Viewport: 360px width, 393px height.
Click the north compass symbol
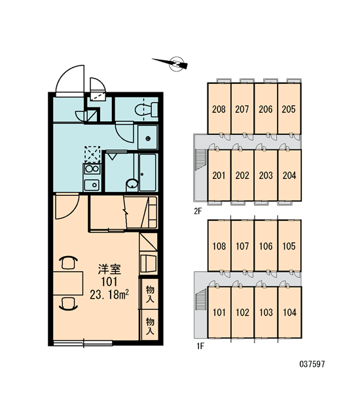(x=173, y=64)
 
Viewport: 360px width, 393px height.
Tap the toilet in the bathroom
(x=147, y=109)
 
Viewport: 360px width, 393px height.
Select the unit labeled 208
(x=219, y=109)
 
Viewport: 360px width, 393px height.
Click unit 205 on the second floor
(x=289, y=109)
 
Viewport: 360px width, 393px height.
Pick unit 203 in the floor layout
(x=266, y=175)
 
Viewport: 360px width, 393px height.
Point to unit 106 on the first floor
(x=266, y=246)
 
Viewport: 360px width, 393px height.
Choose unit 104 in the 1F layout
(x=289, y=312)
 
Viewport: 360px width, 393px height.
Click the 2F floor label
(x=198, y=212)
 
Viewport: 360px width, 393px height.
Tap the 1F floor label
(x=200, y=346)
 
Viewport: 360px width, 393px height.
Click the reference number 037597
(x=312, y=364)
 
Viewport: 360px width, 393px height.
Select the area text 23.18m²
(x=109, y=295)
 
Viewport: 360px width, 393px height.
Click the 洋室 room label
(x=109, y=269)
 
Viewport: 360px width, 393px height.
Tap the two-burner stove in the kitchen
(x=92, y=169)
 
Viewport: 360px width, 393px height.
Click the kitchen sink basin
(x=92, y=185)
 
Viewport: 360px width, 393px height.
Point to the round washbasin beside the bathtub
(x=132, y=183)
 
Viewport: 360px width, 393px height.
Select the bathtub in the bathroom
(x=148, y=172)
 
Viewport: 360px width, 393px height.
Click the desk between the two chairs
(x=68, y=283)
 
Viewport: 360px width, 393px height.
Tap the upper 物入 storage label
(x=150, y=294)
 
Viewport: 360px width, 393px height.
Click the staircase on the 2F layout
(x=201, y=160)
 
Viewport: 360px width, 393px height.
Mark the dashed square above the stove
(x=92, y=155)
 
